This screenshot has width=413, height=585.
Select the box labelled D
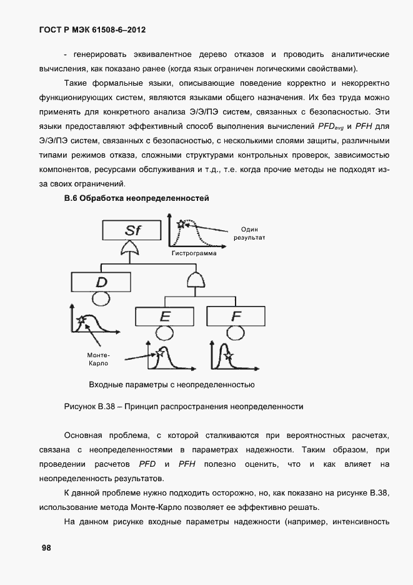(101, 282)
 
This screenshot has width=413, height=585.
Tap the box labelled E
(165, 317)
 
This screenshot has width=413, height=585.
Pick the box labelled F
(236, 317)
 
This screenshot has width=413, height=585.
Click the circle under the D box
(101, 298)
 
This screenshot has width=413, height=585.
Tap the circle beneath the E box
(165, 334)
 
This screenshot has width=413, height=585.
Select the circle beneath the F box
(236, 334)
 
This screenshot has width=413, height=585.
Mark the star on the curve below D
(81, 321)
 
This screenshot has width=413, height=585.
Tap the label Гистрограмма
(192, 255)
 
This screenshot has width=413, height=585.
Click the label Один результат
(249, 233)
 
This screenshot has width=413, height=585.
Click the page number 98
(46, 547)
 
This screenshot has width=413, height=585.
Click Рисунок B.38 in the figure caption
(92, 407)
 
